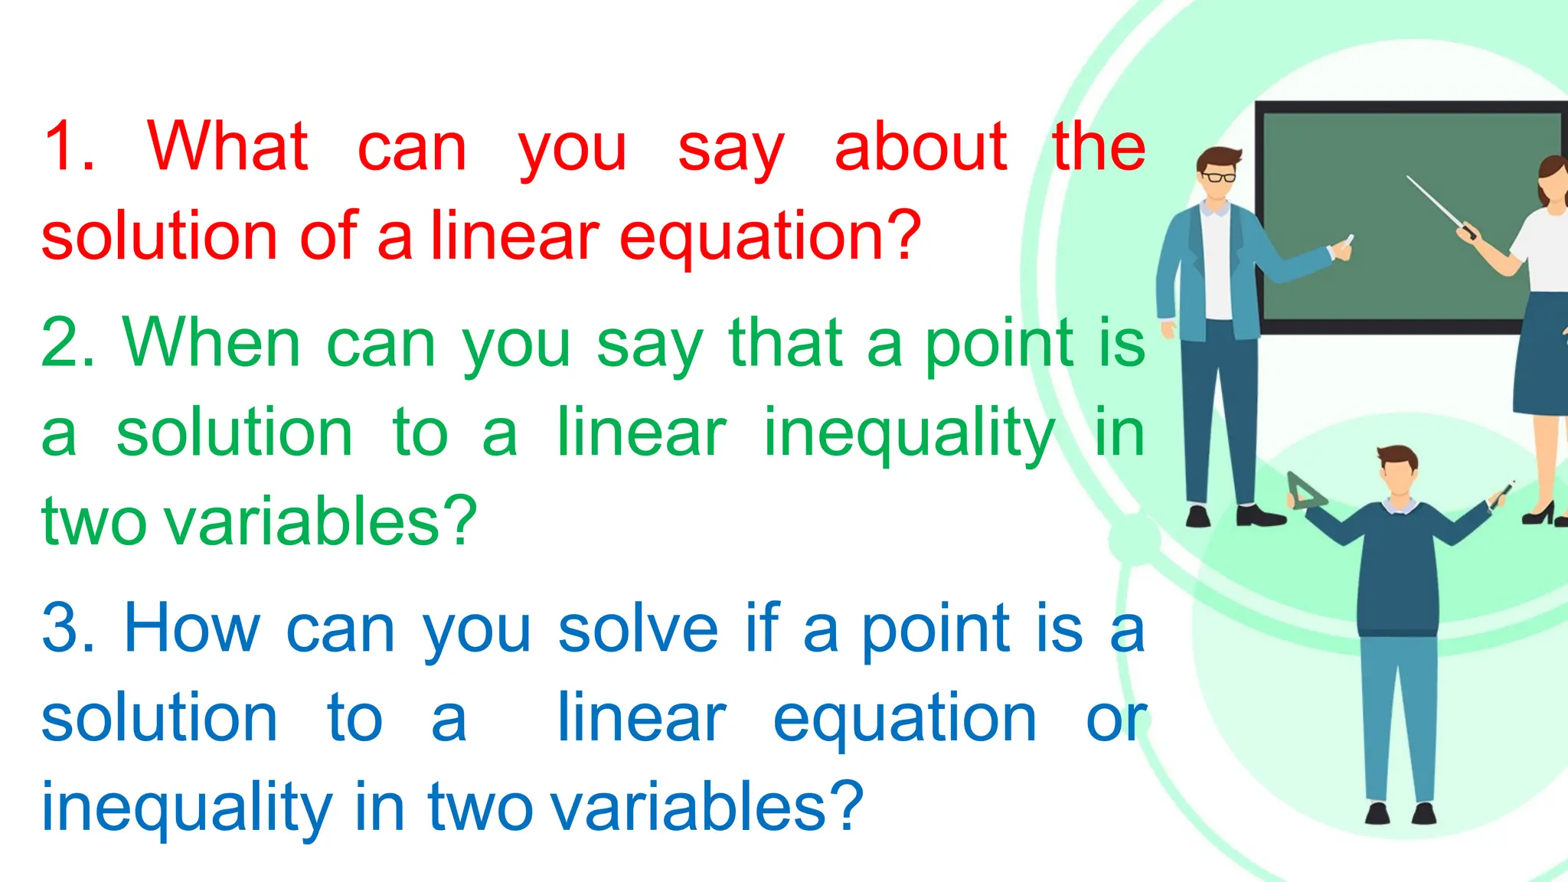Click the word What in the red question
tap(227, 146)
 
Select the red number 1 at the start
tap(67, 146)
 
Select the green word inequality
tap(909, 433)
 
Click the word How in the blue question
tap(192, 629)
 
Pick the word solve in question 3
tap(638, 629)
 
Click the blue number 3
tap(67, 629)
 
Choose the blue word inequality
tap(187, 808)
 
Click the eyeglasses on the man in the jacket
tap(1218, 177)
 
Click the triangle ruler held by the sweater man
tap(1304, 492)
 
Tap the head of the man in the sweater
tap(1398, 471)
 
